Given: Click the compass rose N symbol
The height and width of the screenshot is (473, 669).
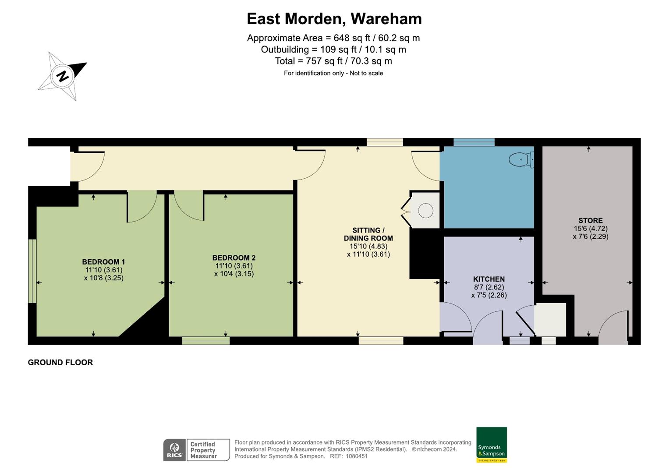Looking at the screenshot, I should tap(63, 76).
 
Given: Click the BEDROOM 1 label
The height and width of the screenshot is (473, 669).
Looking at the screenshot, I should tap(103, 262).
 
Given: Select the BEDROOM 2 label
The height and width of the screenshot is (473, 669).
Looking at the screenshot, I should tap(234, 258).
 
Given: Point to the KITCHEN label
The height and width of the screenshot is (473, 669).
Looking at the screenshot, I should tap(488, 279).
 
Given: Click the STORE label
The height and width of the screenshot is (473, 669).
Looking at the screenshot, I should tap(590, 220).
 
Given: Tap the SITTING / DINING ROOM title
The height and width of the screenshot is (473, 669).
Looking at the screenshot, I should tap(368, 234).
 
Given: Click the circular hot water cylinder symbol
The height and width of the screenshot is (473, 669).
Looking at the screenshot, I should tap(425, 211).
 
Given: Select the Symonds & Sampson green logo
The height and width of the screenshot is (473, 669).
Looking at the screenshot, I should tap(491, 445).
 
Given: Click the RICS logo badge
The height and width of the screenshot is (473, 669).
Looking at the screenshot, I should tap(174, 450).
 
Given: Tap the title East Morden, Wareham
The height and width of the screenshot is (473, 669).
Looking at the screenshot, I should tap(334, 19).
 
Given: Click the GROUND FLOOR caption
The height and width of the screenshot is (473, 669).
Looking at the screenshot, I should tap(60, 362).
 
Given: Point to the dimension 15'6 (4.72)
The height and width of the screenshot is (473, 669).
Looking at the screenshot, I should tap(590, 229).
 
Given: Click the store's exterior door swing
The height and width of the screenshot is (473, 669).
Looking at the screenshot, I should tap(613, 326).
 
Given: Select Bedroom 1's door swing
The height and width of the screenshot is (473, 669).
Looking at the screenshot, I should tap(142, 207).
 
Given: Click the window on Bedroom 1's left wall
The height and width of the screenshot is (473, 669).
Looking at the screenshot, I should tap(32, 271).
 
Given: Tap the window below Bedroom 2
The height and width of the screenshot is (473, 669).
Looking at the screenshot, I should tap(206, 340).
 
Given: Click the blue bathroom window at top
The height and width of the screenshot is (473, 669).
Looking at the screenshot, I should tap(474, 142).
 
